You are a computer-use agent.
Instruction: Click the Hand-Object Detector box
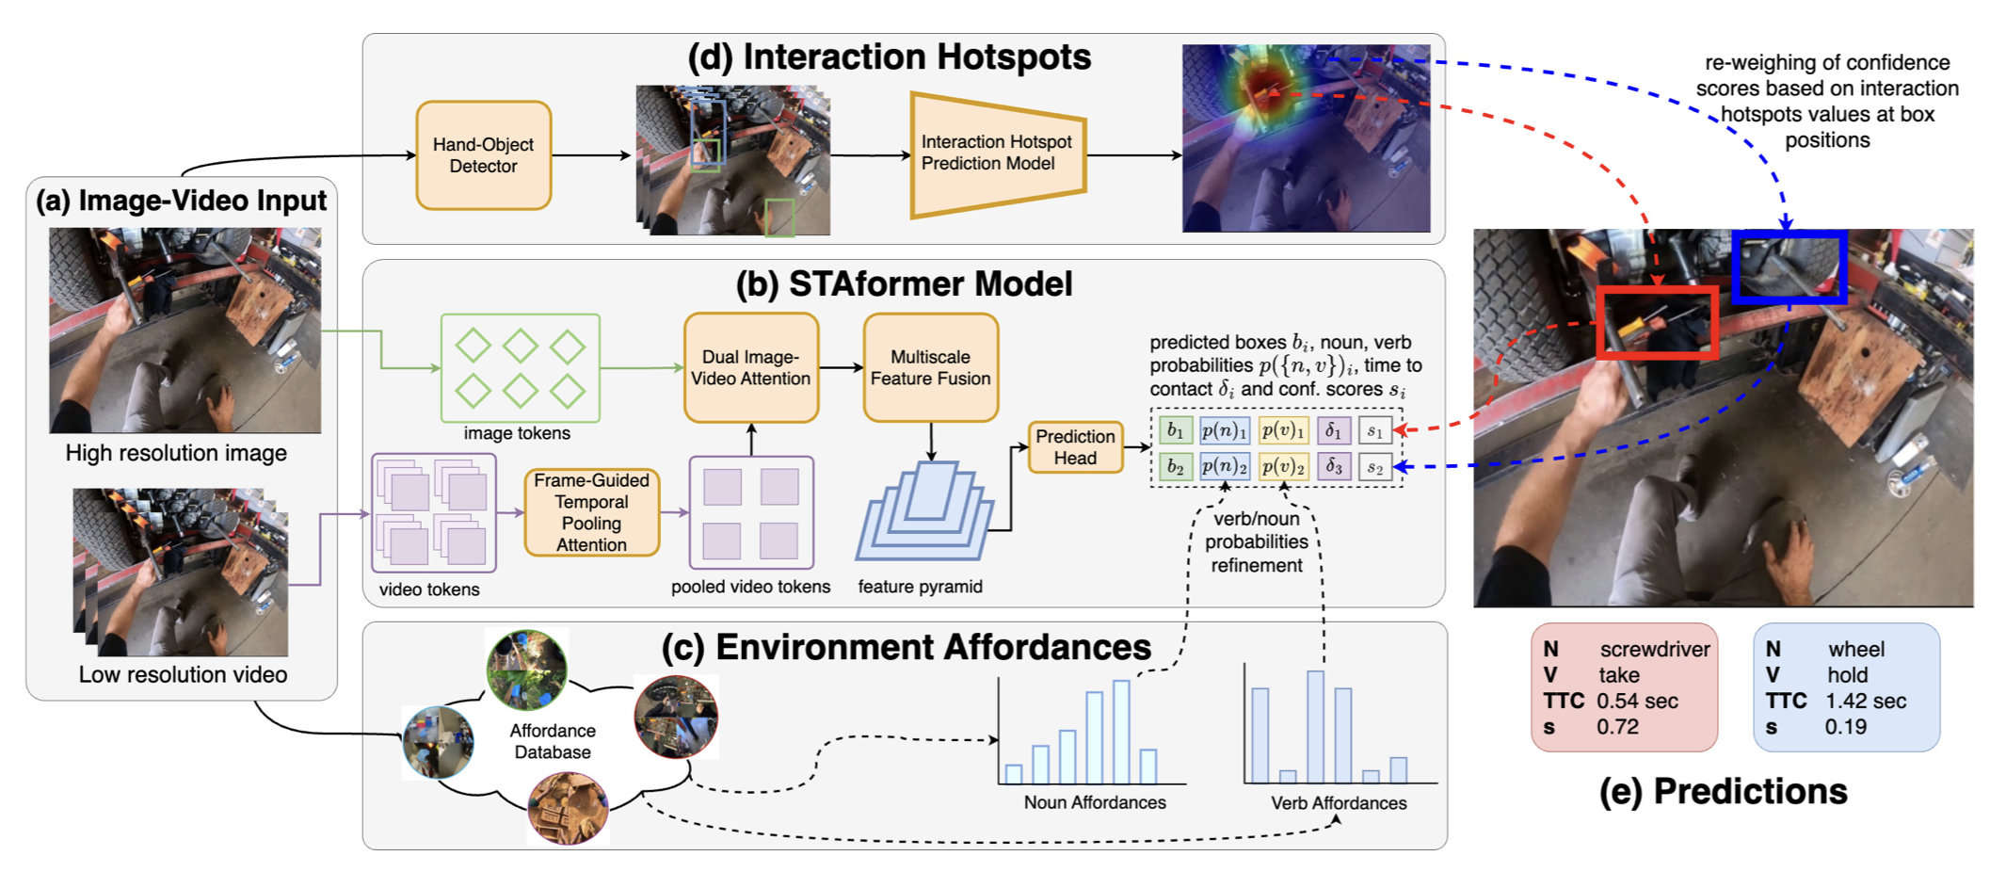[483, 155]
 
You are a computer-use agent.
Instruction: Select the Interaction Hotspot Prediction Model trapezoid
[996, 153]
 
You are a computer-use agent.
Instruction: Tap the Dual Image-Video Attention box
[750, 368]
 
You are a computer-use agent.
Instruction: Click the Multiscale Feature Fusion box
[930, 368]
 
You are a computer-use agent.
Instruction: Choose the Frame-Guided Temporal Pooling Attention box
[591, 512]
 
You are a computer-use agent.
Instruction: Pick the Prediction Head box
[1075, 447]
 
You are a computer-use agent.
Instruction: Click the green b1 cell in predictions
[1176, 430]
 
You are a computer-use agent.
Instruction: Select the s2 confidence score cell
[1375, 467]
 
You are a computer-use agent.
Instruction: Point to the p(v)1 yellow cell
[1283, 430]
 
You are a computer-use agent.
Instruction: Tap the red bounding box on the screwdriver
[1657, 323]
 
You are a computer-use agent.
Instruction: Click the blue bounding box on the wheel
[1789, 266]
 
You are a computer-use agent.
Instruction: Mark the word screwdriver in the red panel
[1655, 650]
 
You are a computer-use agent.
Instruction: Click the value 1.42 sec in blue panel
[1866, 702]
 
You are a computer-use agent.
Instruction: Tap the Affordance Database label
[553, 741]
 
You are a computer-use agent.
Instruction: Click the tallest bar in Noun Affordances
[1121, 732]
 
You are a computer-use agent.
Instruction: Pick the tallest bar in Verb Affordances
[1315, 726]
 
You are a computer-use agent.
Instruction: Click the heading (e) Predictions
[1723, 792]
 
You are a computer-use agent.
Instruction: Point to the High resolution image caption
[176, 453]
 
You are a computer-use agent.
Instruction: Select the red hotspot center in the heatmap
[1266, 89]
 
